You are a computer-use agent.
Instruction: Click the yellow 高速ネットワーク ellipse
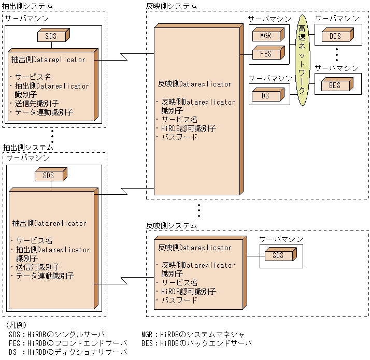click(302, 60)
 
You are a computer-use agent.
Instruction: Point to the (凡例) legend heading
click(19, 325)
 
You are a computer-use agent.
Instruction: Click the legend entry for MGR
click(192, 334)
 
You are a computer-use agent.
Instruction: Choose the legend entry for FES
click(67, 343)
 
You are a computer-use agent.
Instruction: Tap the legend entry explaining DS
click(67, 352)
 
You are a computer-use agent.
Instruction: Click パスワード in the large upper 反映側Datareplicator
click(179, 137)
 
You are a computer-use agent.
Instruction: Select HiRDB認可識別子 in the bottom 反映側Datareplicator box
click(188, 292)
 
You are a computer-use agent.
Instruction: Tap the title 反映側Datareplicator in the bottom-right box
click(194, 248)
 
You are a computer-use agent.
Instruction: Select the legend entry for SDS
click(57, 334)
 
